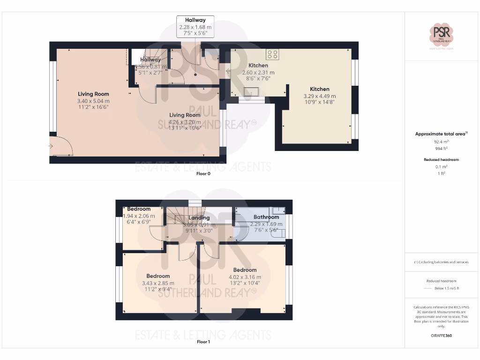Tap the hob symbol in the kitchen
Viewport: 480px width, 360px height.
(x=272, y=54)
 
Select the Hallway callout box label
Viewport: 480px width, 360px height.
(x=195, y=20)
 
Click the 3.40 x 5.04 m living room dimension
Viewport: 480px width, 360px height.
(x=93, y=101)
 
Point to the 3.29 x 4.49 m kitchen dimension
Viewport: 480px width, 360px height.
(x=320, y=96)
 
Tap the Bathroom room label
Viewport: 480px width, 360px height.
(x=266, y=217)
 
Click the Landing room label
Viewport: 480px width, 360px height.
(x=199, y=217)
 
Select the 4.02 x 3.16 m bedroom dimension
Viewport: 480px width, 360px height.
(x=245, y=277)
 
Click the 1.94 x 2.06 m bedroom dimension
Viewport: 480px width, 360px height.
(x=139, y=216)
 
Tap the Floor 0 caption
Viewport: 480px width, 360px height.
(x=203, y=174)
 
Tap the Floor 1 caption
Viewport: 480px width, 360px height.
(x=203, y=342)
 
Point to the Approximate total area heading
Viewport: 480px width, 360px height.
(x=441, y=134)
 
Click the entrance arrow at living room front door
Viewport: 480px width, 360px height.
(x=51, y=146)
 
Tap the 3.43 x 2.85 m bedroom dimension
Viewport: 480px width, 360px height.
(x=158, y=283)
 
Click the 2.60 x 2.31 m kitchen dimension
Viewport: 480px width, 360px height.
(x=258, y=73)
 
